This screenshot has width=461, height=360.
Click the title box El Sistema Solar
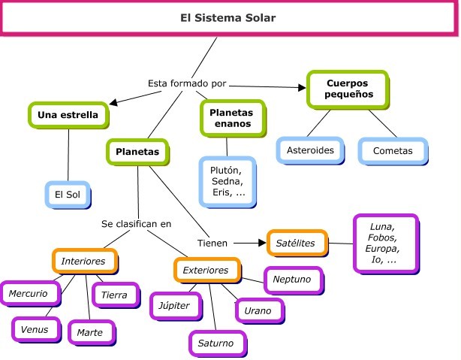[x=230, y=17]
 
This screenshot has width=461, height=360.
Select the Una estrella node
[x=68, y=115]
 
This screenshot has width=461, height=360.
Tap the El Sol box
[x=67, y=195]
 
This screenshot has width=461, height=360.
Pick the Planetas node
[x=137, y=152]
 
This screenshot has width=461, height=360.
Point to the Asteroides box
[x=309, y=150]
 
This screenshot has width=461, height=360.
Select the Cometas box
[x=393, y=150]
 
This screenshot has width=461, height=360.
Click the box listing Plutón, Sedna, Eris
[x=228, y=181]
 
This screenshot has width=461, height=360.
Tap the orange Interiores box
[x=88, y=261]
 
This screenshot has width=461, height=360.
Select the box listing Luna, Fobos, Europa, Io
[x=384, y=243]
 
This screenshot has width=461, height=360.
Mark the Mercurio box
[x=29, y=293]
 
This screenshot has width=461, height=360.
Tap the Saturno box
[x=215, y=343]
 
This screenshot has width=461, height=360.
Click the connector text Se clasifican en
[x=137, y=223]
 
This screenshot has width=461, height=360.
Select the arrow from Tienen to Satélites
[x=249, y=243]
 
